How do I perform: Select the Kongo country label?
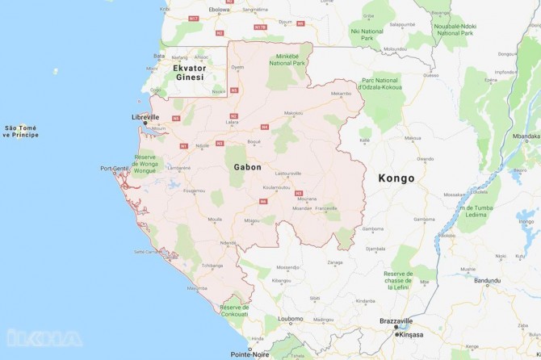(x=396, y=178)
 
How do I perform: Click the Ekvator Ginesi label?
(x=178, y=73)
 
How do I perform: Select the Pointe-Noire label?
(x=250, y=354)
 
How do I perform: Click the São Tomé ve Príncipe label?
(x=22, y=132)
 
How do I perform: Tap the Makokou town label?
(x=293, y=113)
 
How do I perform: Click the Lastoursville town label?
(x=288, y=174)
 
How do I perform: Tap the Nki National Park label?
(x=373, y=33)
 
